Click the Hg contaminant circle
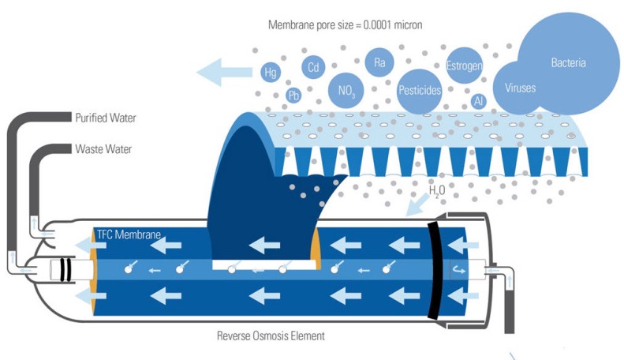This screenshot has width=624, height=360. (271, 73)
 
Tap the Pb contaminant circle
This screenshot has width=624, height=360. (293, 96)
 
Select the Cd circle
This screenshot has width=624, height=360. (314, 67)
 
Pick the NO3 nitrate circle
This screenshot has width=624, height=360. (346, 91)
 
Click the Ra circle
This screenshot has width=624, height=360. (379, 62)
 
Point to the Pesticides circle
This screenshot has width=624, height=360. (420, 92)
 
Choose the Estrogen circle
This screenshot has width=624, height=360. (465, 66)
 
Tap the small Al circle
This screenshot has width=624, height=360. (478, 101)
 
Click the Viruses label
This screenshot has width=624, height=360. (520, 88)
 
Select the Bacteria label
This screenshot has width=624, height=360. (568, 62)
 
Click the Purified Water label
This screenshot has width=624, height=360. (106, 118)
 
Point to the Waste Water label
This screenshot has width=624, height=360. (103, 149)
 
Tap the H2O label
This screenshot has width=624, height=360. (437, 191)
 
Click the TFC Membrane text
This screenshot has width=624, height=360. (129, 234)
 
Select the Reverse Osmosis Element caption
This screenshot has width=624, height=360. (271, 336)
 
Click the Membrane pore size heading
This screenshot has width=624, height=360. (345, 25)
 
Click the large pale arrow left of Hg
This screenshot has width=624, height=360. (225, 72)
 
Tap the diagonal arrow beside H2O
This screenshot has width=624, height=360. (417, 204)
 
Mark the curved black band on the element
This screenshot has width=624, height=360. (435, 271)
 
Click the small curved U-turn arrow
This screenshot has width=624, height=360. (459, 270)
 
